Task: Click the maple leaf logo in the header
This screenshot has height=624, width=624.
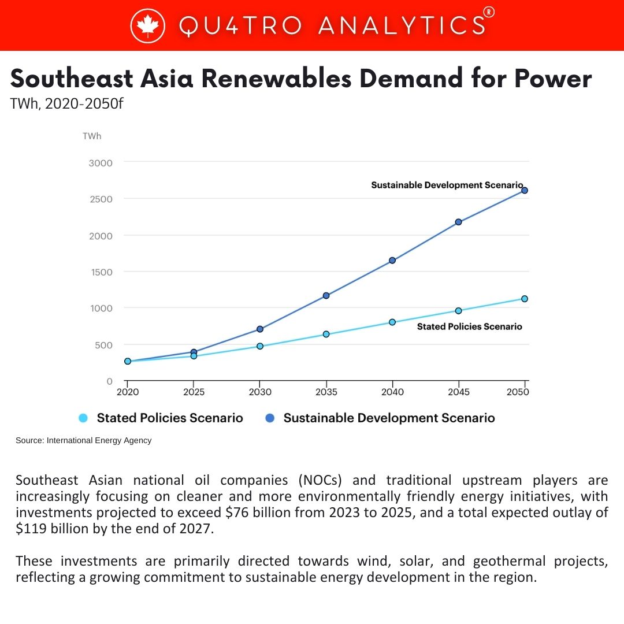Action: pos(148,26)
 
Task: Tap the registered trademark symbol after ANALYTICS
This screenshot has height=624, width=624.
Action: pos(489,12)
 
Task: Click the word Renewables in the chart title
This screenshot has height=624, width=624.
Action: pos(276,78)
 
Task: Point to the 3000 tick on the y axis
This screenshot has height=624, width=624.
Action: pos(101,163)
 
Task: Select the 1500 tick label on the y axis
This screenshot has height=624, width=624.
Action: pos(102,272)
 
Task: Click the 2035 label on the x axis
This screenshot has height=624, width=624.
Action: pos(326,392)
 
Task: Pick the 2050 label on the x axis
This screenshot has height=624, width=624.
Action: pos(518,392)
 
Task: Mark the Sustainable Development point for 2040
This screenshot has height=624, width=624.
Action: pos(392,260)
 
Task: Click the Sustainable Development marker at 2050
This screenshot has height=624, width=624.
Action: pos(525,190)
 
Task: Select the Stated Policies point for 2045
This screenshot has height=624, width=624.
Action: pos(458,311)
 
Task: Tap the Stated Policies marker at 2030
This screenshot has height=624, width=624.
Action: pos(260,346)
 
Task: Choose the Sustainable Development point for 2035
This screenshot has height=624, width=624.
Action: pos(326,296)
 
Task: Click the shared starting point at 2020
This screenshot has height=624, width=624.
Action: pos(128,361)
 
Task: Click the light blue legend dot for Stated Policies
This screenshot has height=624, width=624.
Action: pos(83,418)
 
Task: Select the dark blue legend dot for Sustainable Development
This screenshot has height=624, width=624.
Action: pos(270,418)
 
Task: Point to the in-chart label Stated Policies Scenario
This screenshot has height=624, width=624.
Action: pos(470,326)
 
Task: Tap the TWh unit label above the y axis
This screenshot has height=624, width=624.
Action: pos(92,136)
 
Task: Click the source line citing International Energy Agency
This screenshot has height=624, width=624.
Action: pos(84,440)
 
